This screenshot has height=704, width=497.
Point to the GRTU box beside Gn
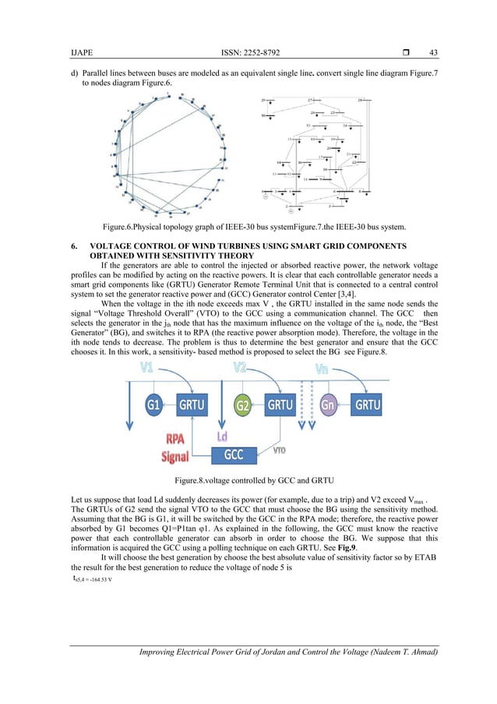(368, 406)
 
